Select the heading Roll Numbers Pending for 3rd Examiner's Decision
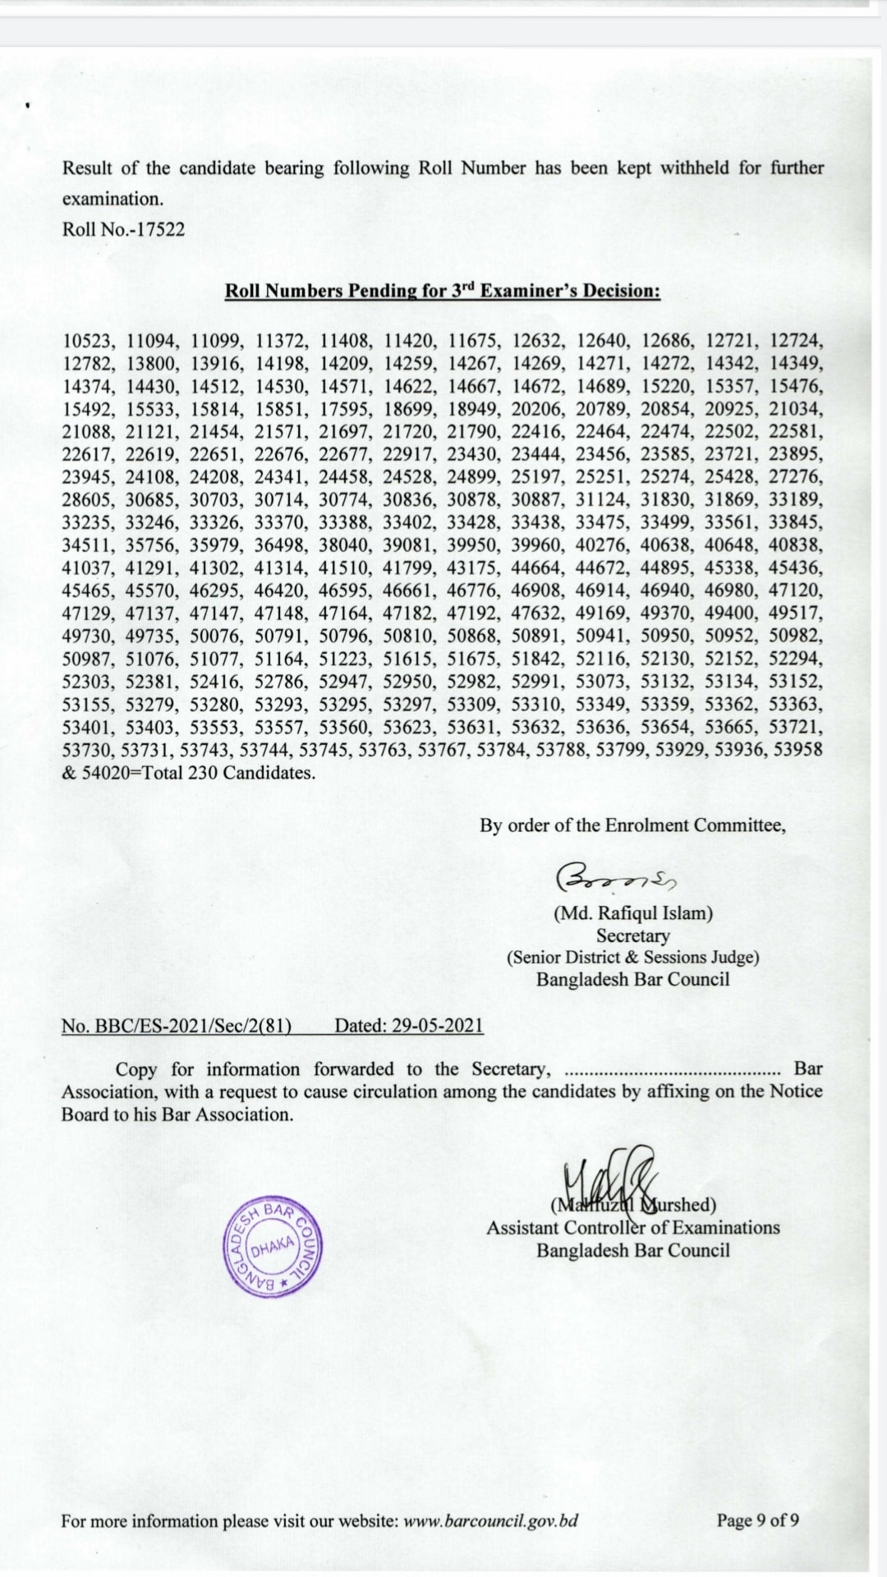[x=443, y=291]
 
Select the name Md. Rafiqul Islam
[x=632, y=913]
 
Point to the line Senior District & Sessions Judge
[x=632, y=957]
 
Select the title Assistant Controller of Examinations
[x=632, y=1228]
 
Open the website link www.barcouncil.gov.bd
[x=491, y=1520]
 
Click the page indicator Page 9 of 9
[x=757, y=1520]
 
